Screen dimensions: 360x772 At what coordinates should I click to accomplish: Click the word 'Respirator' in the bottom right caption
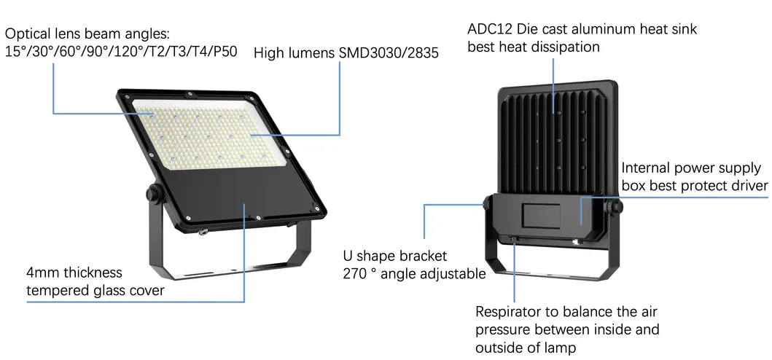click(x=511, y=312)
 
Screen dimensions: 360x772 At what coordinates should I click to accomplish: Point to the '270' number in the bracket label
click(x=357, y=275)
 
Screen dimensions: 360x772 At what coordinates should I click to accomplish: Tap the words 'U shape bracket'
click(x=394, y=257)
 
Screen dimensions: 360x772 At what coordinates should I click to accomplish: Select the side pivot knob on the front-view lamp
click(x=153, y=195)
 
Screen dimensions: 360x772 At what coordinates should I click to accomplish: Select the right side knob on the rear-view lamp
click(x=618, y=208)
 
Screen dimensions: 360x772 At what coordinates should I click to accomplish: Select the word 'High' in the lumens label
click(x=269, y=54)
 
